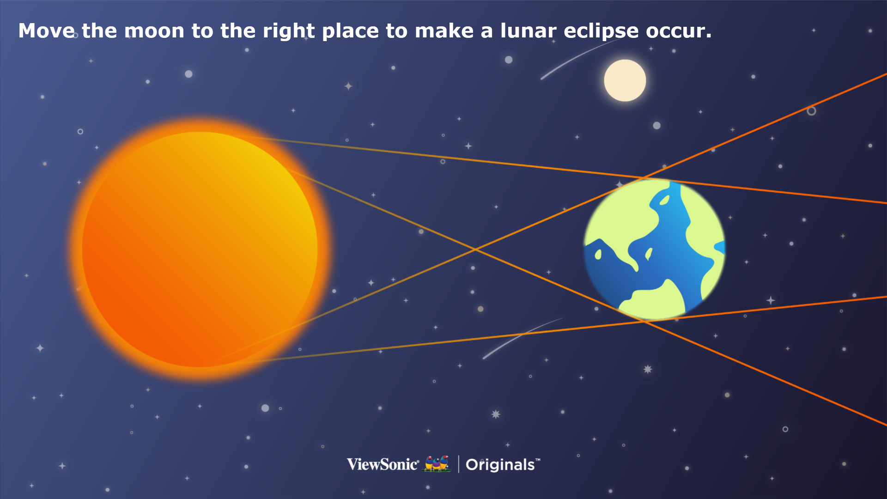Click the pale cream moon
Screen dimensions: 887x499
625,80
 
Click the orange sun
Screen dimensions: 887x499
200,249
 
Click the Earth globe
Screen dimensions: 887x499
654,249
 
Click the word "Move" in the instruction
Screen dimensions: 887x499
47,31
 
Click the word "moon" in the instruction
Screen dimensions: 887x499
154,31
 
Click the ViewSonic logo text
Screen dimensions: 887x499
383,464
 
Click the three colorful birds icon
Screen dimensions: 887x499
437,463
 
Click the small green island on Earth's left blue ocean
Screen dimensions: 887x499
598,254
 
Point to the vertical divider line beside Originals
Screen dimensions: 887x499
458,464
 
